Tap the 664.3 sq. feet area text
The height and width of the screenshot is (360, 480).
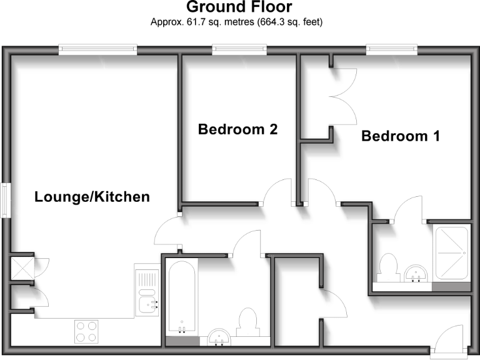click(x=286, y=22)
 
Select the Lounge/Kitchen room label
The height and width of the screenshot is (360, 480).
click(x=92, y=197)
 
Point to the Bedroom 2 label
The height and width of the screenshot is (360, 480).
click(x=237, y=129)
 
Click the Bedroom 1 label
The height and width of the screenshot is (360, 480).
click(x=401, y=136)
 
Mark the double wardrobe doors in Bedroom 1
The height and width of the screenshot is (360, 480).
click(x=342, y=97)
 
